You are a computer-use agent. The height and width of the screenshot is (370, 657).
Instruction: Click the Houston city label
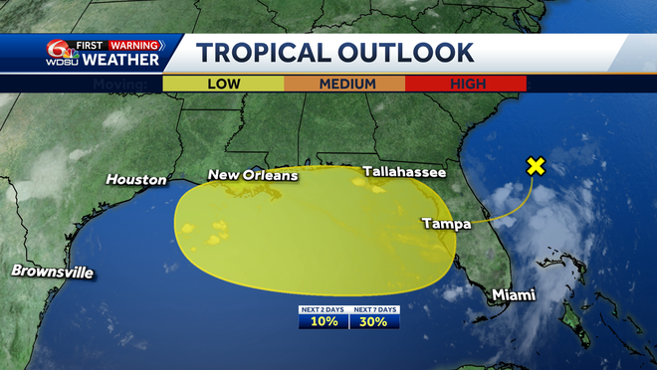tap(136, 180)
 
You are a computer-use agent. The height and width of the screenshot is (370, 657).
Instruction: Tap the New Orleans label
tap(252, 176)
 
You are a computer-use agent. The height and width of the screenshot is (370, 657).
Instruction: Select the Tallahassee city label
tap(404, 172)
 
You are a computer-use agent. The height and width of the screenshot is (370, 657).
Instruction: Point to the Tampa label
tap(445, 224)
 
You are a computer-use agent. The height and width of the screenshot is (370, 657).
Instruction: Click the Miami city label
tap(514, 295)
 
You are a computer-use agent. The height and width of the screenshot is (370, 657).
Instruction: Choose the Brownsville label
tap(52, 272)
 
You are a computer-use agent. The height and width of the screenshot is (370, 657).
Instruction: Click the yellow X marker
tap(536, 166)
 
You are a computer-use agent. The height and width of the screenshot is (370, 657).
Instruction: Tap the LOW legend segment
tap(223, 84)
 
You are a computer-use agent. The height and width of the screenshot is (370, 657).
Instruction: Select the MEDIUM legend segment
tap(344, 84)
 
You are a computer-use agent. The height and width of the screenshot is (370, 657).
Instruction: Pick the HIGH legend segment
tap(467, 84)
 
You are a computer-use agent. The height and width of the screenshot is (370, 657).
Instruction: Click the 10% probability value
tap(324, 322)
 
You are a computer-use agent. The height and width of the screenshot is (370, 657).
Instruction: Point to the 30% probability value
tap(374, 322)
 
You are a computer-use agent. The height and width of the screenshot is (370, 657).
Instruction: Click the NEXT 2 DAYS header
tap(324, 310)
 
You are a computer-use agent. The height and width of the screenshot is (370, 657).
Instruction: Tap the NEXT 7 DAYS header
tap(374, 310)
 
